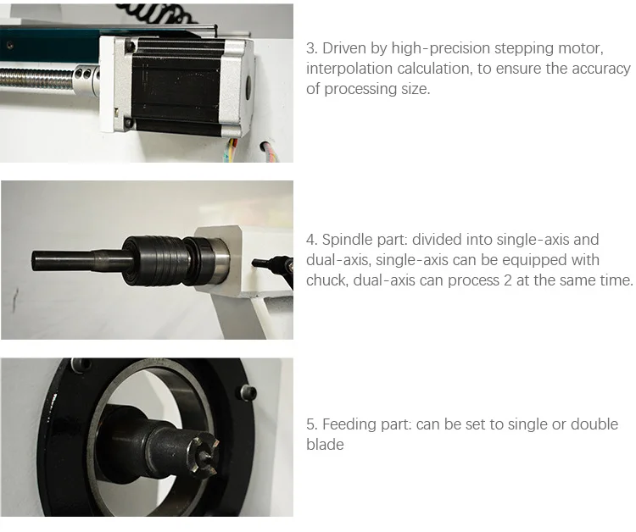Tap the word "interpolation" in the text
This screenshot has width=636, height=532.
pyautogui.click(x=349, y=69)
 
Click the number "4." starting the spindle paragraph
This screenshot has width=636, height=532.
pyautogui.click(x=311, y=240)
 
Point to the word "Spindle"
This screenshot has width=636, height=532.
pyautogui.click(x=347, y=240)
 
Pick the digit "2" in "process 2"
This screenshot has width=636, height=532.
pyautogui.click(x=507, y=280)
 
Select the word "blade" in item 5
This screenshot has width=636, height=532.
pyautogui.click(x=325, y=445)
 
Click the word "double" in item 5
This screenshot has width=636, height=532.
pyautogui.click(x=594, y=424)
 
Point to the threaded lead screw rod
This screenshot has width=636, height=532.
pyautogui.click(x=37, y=78)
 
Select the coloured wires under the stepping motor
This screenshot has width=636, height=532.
pyautogui.click(x=232, y=149)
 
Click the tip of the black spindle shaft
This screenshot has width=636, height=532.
pyautogui.click(x=33, y=260)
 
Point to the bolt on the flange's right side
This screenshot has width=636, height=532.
pyautogui.click(x=248, y=393)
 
